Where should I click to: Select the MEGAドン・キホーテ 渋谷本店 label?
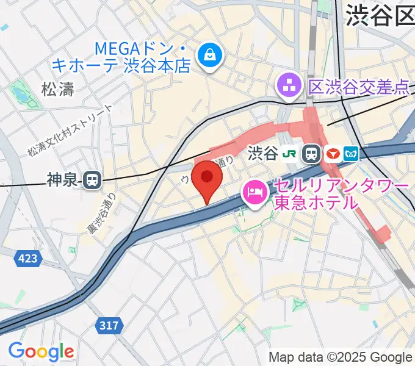pyautogui.click(x=130, y=57)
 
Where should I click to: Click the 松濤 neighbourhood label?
pyautogui.click(x=57, y=90)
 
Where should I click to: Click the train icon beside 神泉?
pyautogui.click(x=93, y=179)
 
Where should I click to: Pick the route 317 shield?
pyautogui.click(x=109, y=326)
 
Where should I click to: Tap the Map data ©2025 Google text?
pyautogui.click(x=341, y=357)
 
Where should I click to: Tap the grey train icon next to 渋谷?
pyautogui.click(x=312, y=154)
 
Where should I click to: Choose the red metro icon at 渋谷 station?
pyautogui.click(x=333, y=154)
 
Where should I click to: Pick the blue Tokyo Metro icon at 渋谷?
pyautogui.click(x=352, y=154)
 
